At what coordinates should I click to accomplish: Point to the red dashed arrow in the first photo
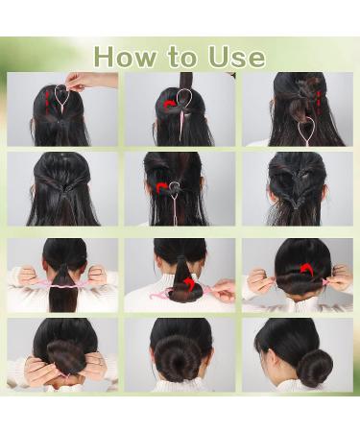tap(45, 100)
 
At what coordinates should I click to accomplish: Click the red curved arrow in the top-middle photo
tap(170, 103)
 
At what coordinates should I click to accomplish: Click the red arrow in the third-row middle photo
tap(189, 284)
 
